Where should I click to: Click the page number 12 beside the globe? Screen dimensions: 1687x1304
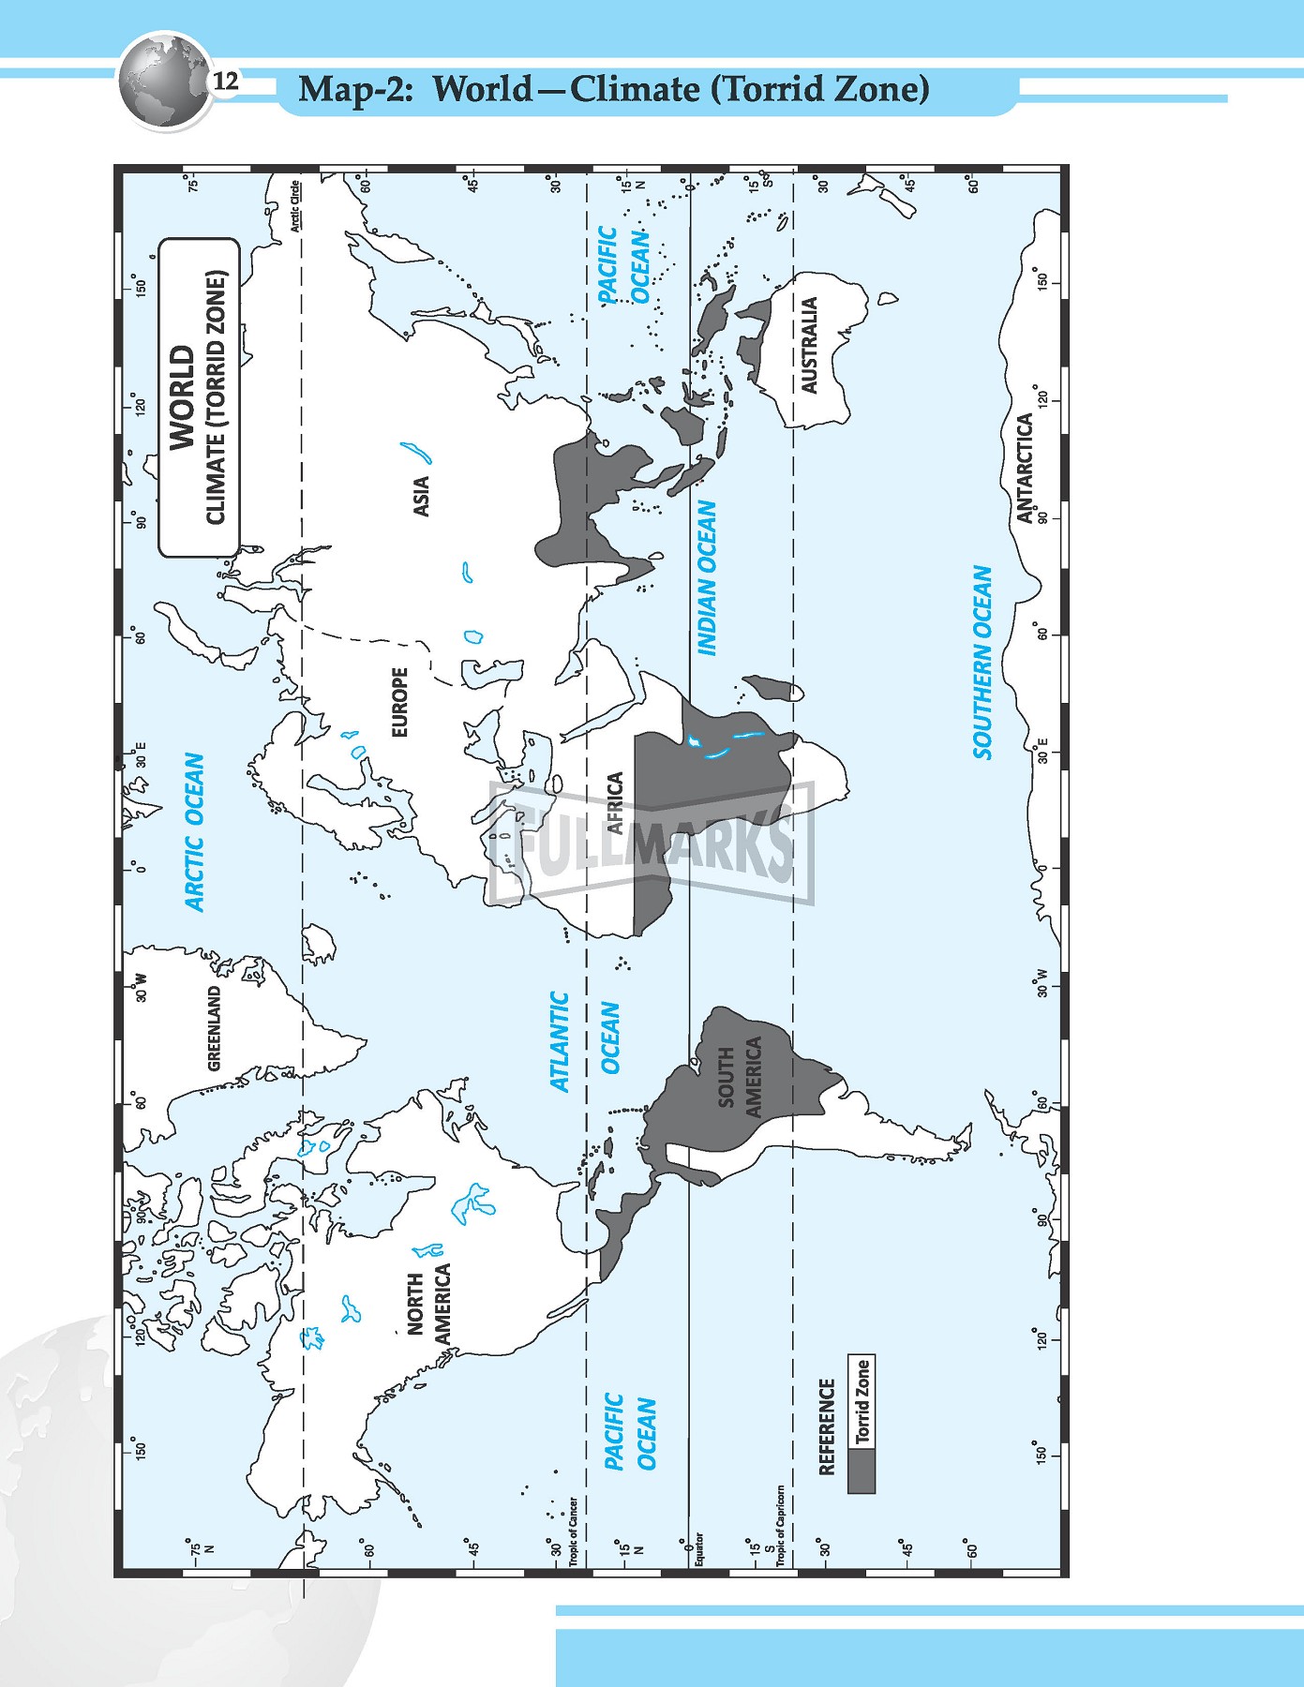tap(226, 82)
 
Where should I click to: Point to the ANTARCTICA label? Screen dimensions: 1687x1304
tap(1025, 468)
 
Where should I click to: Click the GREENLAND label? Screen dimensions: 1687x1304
tap(215, 1028)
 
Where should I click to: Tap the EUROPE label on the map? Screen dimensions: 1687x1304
tap(400, 702)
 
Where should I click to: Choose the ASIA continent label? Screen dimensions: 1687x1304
tap(422, 496)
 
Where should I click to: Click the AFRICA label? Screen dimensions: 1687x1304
tap(615, 803)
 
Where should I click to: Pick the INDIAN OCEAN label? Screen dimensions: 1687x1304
tap(707, 577)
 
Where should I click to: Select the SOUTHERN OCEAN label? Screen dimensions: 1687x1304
tap(982, 662)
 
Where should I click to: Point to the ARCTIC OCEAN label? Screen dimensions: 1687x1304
tap(194, 831)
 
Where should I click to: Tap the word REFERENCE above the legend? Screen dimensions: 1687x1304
tap(827, 1426)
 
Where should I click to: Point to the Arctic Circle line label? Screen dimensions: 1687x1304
tap(295, 205)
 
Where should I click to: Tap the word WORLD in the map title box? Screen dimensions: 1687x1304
tap(182, 397)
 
